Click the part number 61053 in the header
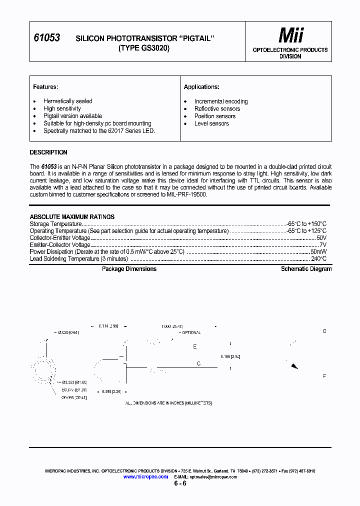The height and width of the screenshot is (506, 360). [46, 37]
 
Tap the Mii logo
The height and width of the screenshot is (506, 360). [290, 35]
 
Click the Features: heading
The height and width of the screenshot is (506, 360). [45, 87]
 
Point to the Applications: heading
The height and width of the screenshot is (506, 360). [201, 87]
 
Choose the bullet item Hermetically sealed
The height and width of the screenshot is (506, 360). [67, 101]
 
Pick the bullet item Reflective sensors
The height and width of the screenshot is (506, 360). [217, 108]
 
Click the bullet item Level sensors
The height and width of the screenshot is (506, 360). [211, 123]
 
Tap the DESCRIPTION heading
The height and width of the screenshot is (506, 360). [48, 152]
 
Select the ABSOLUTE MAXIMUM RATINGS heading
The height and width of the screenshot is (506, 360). [72, 216]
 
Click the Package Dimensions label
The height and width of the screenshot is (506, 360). [129, 269]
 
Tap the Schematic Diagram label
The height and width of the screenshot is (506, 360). [306, 269]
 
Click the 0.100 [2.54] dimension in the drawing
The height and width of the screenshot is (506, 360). [230, 356]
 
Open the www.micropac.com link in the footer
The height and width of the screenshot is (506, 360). [145, 477]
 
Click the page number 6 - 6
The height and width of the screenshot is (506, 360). [180, 484]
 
